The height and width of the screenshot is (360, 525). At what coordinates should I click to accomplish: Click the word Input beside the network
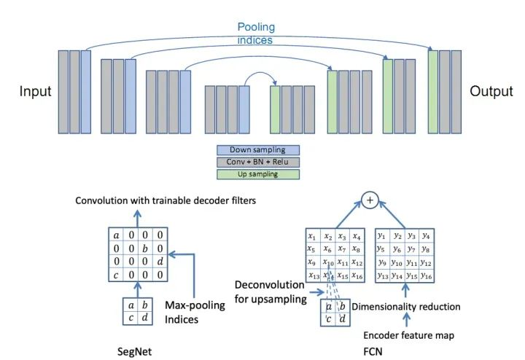(x=35, y=92)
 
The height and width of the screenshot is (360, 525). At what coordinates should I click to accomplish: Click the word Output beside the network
(x=491, y=92)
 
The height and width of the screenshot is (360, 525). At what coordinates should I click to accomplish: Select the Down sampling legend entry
(x=257, y=150)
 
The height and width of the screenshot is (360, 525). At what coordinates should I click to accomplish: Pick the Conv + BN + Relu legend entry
(x=257, y=162)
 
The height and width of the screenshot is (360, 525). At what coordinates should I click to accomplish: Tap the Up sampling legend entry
(x=257, y=174)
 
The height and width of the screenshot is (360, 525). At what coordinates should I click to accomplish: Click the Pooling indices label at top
(x=255, y=34)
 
